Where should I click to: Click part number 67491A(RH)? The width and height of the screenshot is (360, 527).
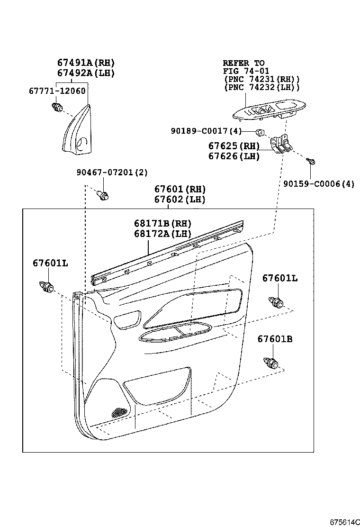tap(86, 63)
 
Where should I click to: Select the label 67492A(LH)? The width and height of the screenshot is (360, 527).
tap(86, 73)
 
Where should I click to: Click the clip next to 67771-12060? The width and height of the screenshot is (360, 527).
tap(58, 107)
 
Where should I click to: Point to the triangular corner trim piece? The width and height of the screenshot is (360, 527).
tap(77, 133)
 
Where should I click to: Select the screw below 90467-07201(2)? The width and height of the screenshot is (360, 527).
tap(102, 194)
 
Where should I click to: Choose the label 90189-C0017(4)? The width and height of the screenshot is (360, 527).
tap(207, 131)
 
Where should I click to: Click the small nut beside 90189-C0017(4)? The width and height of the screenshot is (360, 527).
tap(260, 131)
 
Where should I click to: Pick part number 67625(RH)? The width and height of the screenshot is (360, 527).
tap(234, 146)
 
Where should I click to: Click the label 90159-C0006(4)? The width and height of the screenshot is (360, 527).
tap(319, 184)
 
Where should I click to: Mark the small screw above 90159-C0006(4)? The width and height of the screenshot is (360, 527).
tap(311, 162)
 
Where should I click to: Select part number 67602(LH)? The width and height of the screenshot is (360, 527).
tap(180, 200)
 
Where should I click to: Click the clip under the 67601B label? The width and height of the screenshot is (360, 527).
tap(271, 363)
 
